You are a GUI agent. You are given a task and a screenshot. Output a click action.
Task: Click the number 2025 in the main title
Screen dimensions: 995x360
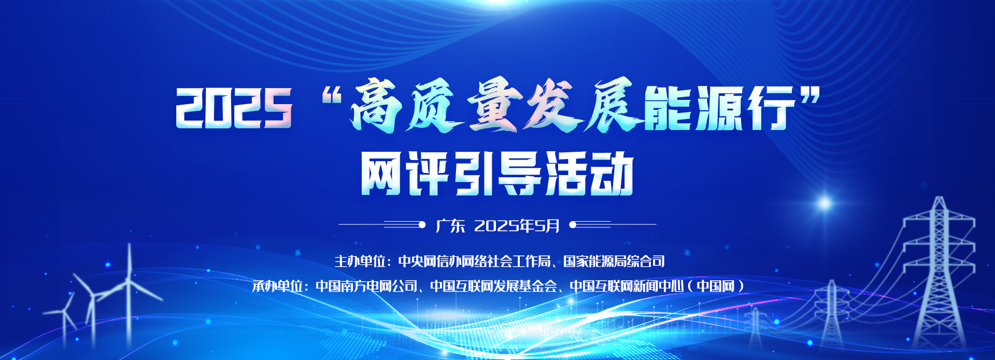(234, 108)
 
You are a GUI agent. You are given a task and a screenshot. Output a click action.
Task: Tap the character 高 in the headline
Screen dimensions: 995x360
(378, 106)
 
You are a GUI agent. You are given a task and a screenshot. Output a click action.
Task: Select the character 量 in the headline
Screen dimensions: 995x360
(495, 106)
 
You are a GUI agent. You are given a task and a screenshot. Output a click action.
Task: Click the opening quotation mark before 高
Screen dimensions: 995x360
(331, 96)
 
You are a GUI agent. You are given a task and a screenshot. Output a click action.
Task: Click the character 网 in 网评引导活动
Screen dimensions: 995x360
(382, 174)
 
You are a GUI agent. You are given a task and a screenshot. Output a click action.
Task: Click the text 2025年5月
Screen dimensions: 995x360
(517, 226)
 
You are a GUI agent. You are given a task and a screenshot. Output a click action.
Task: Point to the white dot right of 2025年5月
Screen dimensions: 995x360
(573, 225)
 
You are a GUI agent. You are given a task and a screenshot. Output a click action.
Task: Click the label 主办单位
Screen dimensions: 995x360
(360, 261)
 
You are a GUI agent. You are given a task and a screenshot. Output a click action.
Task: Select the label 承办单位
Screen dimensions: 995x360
(277, 286)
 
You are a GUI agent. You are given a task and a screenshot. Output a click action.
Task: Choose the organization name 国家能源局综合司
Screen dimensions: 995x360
(614, 261)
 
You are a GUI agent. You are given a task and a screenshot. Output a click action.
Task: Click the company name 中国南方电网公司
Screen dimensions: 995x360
(366, 286)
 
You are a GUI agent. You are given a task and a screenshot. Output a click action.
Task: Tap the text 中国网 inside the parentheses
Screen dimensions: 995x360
(716, 286)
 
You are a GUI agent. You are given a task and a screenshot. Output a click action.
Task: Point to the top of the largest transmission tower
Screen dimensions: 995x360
(939, 198)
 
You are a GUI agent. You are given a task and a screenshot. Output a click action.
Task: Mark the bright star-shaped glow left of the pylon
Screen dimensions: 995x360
(824, 202)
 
